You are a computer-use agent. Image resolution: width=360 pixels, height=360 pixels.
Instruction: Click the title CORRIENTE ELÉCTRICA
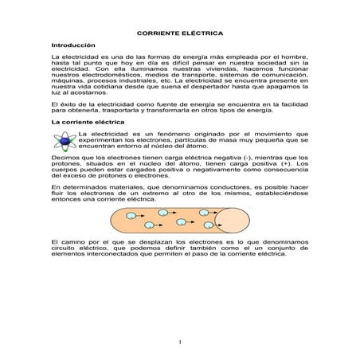click(x=180, y=36)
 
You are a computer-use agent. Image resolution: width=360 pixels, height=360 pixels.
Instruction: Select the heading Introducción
click(x=73, y=47)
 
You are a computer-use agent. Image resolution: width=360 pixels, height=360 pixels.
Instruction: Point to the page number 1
click(x=180, y=342)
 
